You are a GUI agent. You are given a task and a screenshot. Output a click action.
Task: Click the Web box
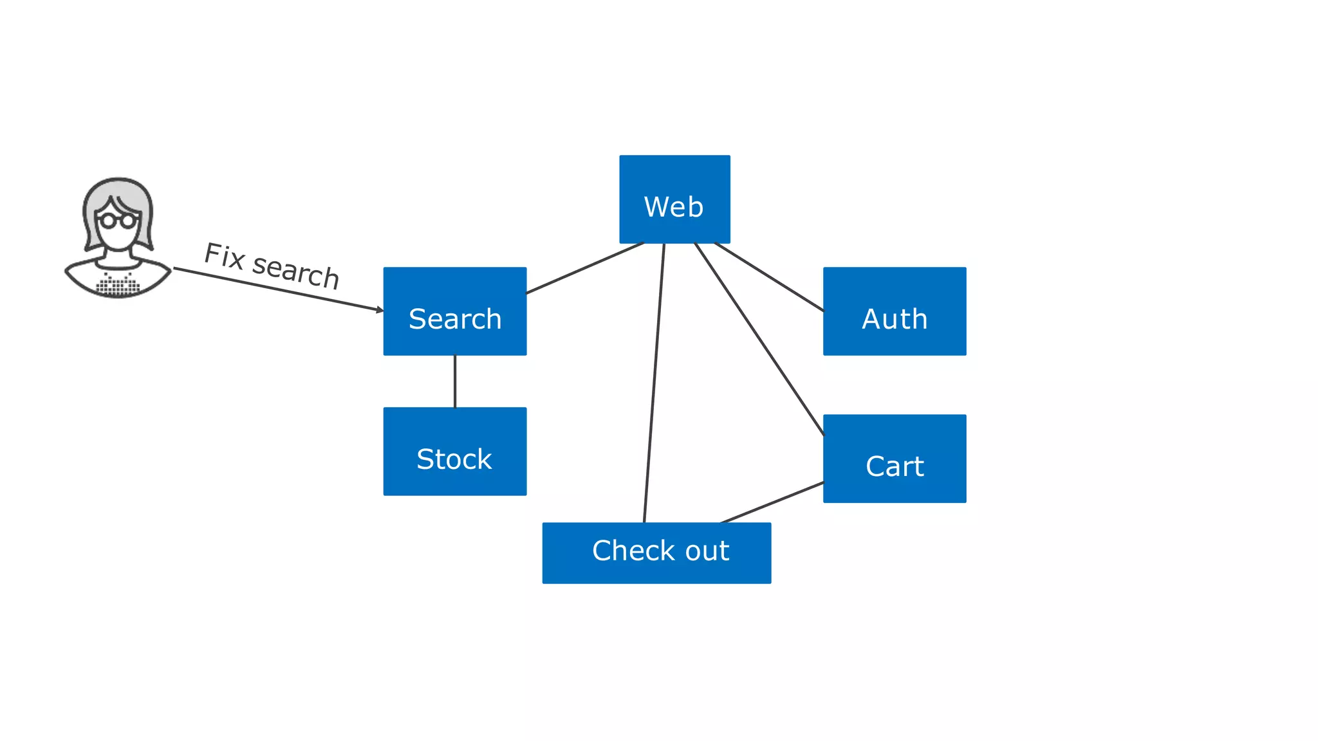click(x=674, y=199)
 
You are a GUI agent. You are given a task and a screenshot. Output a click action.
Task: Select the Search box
click(x=454, y=311)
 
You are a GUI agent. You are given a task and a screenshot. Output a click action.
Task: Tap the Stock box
click(x=454, y=452)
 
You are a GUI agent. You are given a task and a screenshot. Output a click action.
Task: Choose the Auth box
click(x=895, y=311)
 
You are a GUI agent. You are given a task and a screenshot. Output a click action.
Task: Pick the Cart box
click(x=895, y=459)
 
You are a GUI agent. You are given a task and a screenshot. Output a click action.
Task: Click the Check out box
click(x=656, y=553)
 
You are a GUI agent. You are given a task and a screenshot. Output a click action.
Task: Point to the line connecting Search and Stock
click(x=455, y=381)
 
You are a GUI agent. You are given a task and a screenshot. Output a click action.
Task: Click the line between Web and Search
click(x=584, y=268)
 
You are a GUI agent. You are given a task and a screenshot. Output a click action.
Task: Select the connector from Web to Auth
click(x=769, y=277)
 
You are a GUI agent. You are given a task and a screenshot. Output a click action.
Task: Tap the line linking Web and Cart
click(x=759, y=340)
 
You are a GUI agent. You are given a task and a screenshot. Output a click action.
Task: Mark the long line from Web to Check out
click(x=654, y=383)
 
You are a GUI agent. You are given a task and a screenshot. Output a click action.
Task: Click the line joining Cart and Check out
click(x=772, y=502)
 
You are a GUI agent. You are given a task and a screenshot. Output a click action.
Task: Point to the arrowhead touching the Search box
click(x=380, y=310)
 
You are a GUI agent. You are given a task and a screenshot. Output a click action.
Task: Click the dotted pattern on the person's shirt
click(x=118, y=284)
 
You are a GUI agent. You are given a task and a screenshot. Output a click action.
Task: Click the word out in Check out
click(x=707, y=551)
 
